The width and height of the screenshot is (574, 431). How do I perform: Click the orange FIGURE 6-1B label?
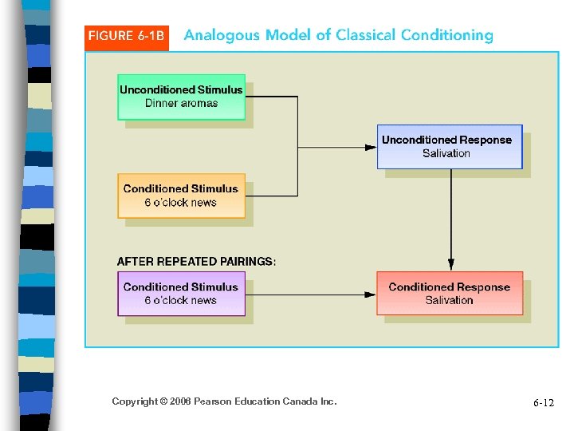(126, 37)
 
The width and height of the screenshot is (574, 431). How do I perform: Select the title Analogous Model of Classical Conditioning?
(338, 35)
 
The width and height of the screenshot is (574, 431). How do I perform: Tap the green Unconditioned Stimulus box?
(181, 97)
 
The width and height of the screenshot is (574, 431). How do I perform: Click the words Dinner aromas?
(181, 104)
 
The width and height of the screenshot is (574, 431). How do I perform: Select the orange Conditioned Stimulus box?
(181, 196)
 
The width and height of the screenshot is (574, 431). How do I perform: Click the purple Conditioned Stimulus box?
(181, 293)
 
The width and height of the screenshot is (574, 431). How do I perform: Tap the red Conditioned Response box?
(449, 293)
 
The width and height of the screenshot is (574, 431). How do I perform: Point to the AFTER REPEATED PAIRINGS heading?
(196, 261)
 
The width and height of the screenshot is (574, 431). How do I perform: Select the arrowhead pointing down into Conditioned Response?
(451, 264)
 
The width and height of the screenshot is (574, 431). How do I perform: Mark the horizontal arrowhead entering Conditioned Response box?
(370, 294)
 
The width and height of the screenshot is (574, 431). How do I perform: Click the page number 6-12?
(543, 403)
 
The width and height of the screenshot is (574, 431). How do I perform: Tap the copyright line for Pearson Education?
(224, 401)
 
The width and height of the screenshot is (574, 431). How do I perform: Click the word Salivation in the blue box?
(446, 153)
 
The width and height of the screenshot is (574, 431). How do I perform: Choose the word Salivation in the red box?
(449, 300)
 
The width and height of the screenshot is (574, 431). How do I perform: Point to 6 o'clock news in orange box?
(181, 203)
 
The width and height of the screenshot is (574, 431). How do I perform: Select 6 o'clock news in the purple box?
(181, 300)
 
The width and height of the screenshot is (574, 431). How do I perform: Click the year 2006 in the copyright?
(179, 401)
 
